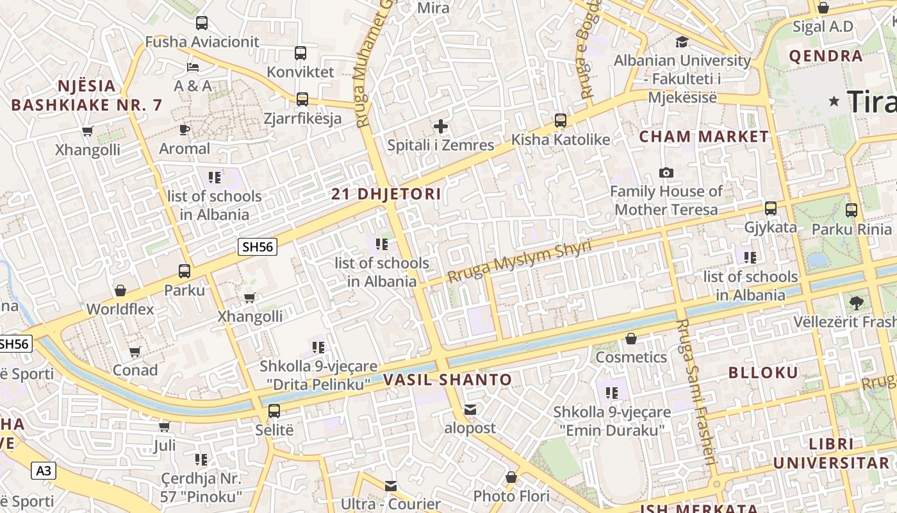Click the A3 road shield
(x=44, y=471)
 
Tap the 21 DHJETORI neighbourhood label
(x=386, y=194)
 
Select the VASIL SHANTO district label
(x=448, y=380)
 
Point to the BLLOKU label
(x=763, y=373)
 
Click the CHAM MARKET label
(x=704, y=136)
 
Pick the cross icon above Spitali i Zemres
(x=441, y=126)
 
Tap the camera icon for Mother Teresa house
(x=666, y=172)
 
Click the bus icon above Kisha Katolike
(x=561, y=121)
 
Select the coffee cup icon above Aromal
(x=185, y=130)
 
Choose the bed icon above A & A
(x=193, y=67)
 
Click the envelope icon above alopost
(x=470, y=410)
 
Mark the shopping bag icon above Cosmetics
(x=631, y=339)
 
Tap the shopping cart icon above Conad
(x=135, y=351)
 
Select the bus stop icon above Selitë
(x=274, y=411)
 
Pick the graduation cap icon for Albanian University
(x=682, y=42)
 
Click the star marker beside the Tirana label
(x=834, y=101)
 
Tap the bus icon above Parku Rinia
(x=852, y=210)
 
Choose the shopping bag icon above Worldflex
(x=120, y=290)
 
